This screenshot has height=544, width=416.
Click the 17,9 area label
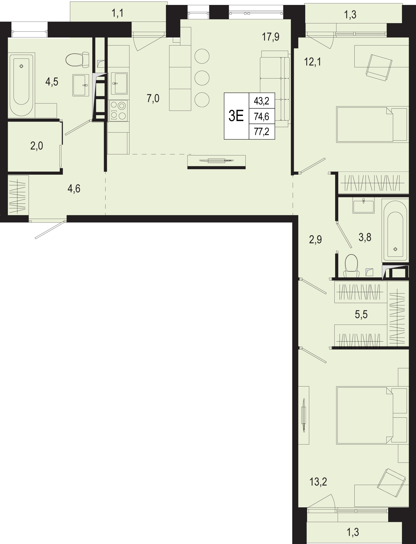[271, 37]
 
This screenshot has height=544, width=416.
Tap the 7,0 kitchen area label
[153, 99]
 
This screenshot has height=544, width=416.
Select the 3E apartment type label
[236, 116]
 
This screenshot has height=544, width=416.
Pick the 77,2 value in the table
[262, 132]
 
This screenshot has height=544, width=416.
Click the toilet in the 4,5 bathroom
[77, 60]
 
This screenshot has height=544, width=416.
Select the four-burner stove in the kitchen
[119, 110]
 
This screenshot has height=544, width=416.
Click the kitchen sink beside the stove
[119, 83]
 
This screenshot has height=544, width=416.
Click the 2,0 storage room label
[37, 146]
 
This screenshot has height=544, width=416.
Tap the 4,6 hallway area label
[74, 188]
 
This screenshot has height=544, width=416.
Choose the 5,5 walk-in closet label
[361, 315]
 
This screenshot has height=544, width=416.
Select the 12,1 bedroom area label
[313, 62]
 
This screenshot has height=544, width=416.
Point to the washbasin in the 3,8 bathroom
[363, 205]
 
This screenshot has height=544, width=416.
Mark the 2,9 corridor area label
[315, 239]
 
